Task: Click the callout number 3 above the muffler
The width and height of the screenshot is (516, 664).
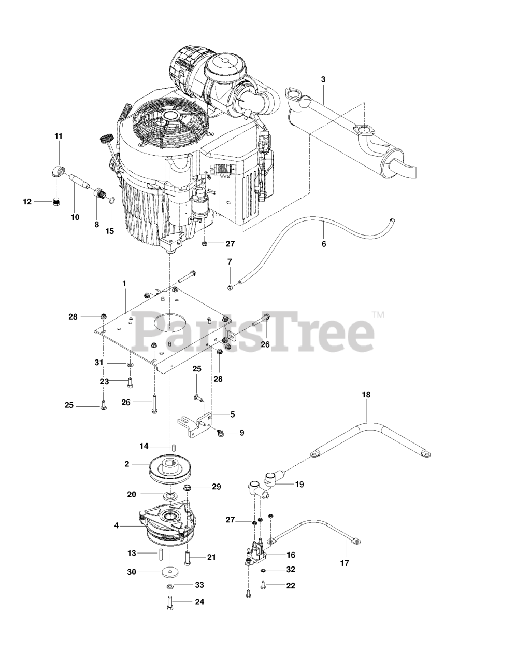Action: point(323,79)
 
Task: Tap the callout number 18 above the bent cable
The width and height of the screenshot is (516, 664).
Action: point(366,394)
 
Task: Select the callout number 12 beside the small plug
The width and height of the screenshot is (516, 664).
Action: point(27,202)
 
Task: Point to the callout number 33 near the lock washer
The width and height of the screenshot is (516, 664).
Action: point(199,585)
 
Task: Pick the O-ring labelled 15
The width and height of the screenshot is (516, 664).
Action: point(112,201)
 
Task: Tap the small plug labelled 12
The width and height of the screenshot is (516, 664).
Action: point(56,202)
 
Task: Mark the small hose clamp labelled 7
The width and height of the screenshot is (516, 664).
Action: point(231,287)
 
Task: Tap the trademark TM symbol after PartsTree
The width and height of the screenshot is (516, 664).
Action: point(379,315)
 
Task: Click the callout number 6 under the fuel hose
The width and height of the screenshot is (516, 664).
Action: point(324,244)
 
